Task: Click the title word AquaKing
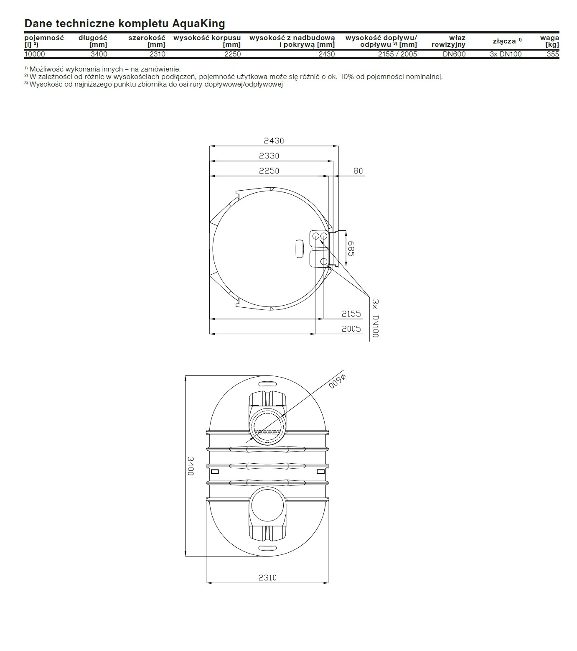pyautogui.click(x=199, y=24)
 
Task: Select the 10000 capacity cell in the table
pyautogui.click(x=35, y=54)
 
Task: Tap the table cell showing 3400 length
pyautogui.click(x=99, y=54)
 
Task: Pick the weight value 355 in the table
pyautogui.click(x=553, y=54)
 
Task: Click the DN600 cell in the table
pyautogui.click(x=454, y=54)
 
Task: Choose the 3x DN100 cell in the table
pyautogui.click(x=506, y=54)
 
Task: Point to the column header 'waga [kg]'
pyautogui.click(x=549, y=41)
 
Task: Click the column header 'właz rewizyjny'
pyautogui.click(x=448, y=41)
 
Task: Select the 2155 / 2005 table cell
pyautogui.click(x=398, y=54)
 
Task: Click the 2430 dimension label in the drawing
pyautogui.click(x=274, y=141)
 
